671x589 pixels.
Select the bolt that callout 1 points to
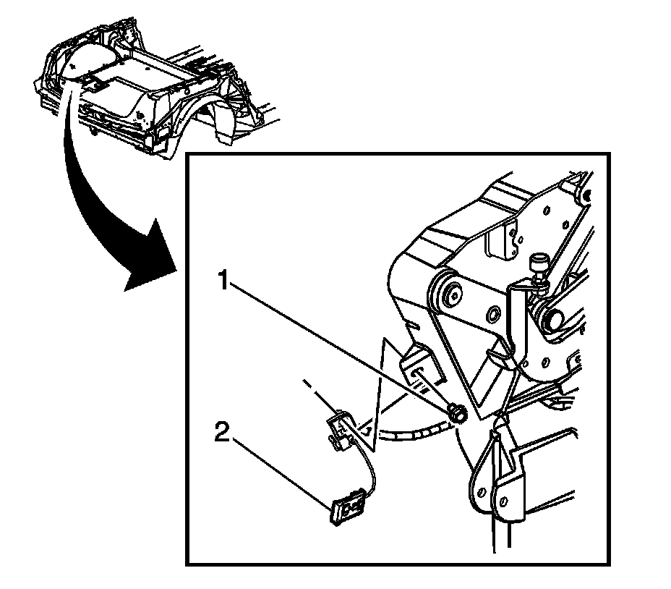pyautogui.click(x=457, y=413)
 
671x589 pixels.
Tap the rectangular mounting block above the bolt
pyautogui.click(x=419, y=365)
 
